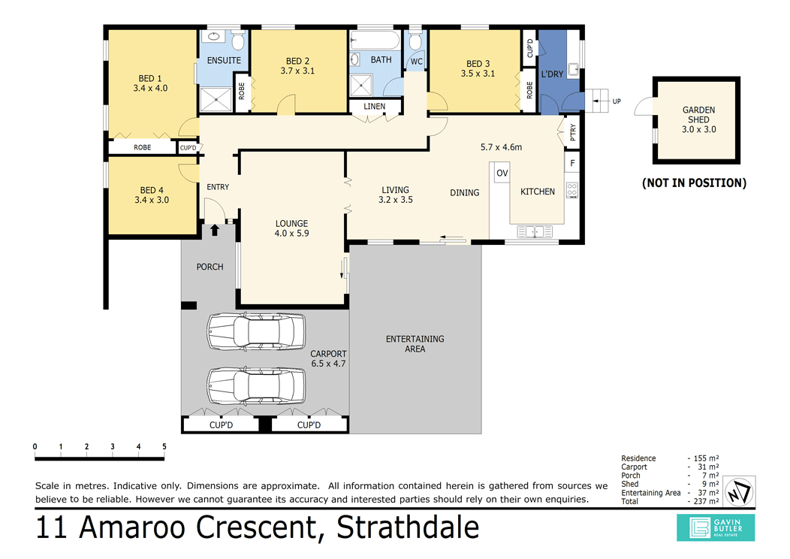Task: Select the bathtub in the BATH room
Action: point(375,41)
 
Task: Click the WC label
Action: point(417,62)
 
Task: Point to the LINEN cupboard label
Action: point(374,107)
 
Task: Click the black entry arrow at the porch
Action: point(215,230)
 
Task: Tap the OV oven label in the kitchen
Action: point(502,173)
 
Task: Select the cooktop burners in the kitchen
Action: point(571,190)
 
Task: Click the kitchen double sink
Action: point(535,232)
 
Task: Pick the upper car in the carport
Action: point(256,331)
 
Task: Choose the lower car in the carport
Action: point(256,386)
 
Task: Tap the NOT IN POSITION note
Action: point(695,183)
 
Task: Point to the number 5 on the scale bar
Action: point(164,446)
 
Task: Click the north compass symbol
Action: point(739,491)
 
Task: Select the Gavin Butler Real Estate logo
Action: point(716,527)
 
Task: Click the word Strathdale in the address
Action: point(408,527)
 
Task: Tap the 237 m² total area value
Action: point(705,502)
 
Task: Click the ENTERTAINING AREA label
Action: point(415,344)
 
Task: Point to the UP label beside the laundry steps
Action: point(617,101)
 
